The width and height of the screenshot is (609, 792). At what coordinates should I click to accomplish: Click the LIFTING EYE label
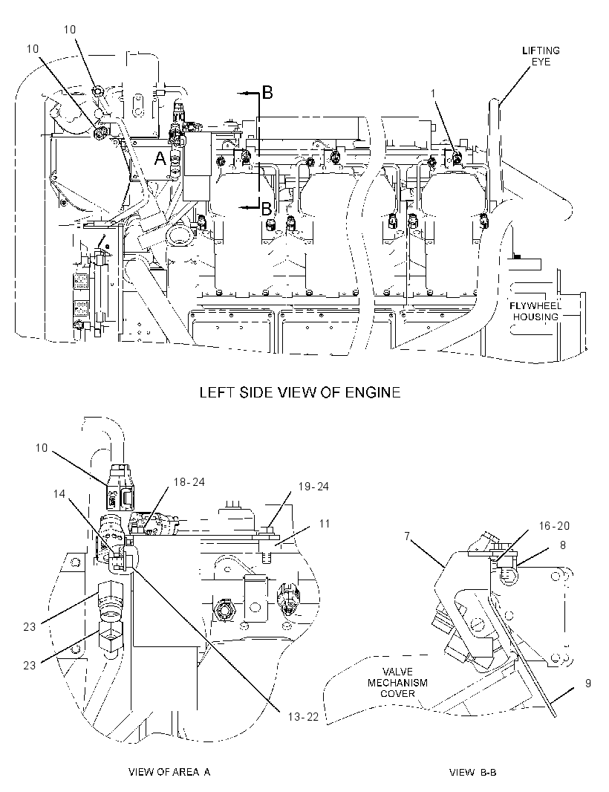pos(541,56)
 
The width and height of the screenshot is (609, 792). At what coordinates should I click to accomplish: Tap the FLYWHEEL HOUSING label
pos(535,311)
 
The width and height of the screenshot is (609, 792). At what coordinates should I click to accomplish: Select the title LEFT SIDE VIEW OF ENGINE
pos(300,392)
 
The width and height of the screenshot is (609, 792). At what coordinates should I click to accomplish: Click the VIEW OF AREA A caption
pos(169,772)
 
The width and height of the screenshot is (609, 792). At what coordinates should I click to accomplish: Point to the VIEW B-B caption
pos(472,772)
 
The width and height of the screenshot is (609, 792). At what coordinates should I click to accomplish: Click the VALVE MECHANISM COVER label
pos(397,683)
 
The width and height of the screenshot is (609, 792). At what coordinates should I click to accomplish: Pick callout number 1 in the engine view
pos(433,94)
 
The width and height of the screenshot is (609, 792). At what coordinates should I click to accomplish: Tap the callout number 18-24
pos(189,482)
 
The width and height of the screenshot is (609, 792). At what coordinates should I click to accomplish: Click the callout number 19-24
pos(313,487)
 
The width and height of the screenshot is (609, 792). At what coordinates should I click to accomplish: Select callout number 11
pos(325,523)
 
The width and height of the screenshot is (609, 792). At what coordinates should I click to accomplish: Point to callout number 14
pos(59,493)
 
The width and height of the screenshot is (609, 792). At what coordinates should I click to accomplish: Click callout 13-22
pos(304,717)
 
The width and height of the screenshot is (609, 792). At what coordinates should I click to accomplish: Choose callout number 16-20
pos(554,526)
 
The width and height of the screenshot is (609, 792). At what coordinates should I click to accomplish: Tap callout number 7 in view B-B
pos(407,536)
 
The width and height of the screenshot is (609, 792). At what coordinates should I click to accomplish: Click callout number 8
pos(562,545)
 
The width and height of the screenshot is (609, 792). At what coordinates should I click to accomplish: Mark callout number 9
pos(587,684)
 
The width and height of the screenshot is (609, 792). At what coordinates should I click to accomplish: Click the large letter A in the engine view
pos(160,158)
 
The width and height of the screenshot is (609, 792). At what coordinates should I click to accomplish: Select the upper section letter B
pos(267,92)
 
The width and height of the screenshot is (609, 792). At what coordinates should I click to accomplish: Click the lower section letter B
pos(266,208)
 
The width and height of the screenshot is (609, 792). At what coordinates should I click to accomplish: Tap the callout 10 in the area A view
pos(42,447)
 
